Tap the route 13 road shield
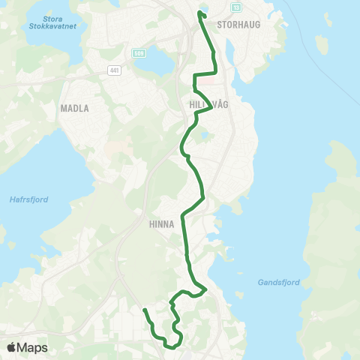point(236,7)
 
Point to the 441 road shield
point(114,70)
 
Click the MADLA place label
point(74,108)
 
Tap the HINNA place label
point(161,223)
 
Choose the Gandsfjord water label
point(278,283)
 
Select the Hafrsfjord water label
point(27,199)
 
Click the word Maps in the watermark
point(34,347)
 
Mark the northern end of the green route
point(200,13)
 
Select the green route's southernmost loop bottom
point(172,347)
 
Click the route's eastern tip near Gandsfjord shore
point(205,288)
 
